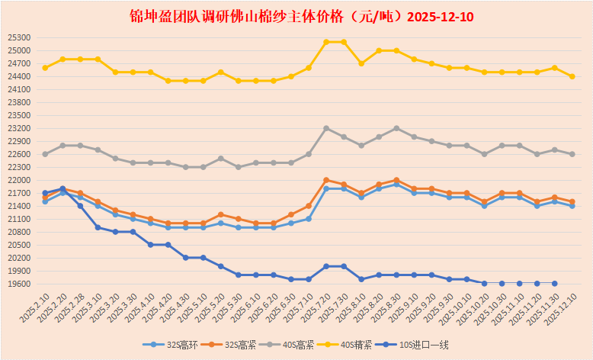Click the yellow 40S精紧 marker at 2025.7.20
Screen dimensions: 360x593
coord(326,42)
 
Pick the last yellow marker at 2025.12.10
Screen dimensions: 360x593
coord(572,76)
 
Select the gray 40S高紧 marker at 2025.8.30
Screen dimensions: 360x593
coord(396,128)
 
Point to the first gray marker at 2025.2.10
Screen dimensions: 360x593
coord(45,154)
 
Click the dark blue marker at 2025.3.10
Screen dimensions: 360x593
coord(98,227)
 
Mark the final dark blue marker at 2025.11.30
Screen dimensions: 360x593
coord(554,283)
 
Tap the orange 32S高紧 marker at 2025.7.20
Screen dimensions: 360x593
coord(326,180)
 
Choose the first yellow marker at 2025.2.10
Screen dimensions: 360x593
coord(45,68)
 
